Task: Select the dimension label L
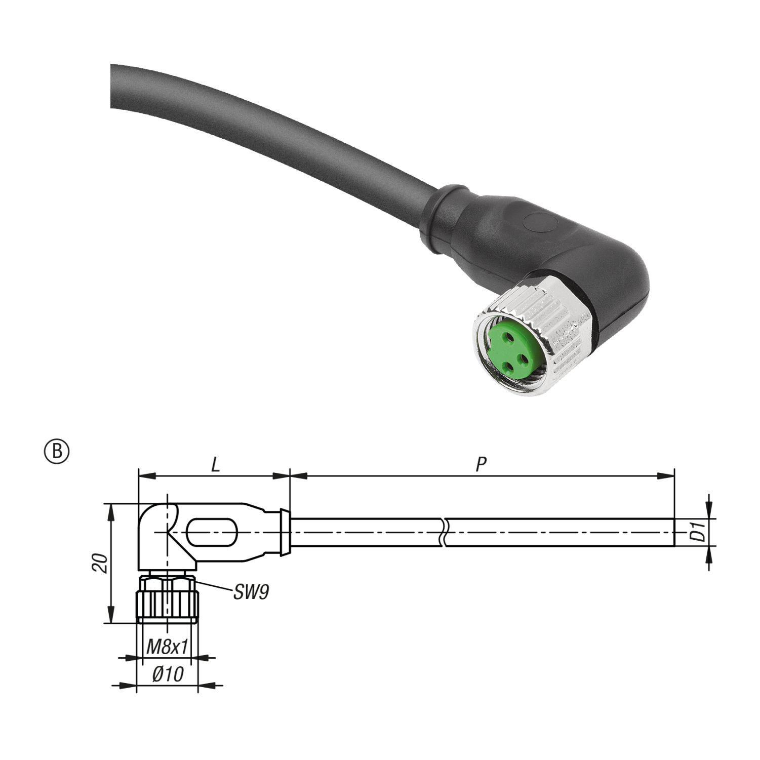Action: click(216, 464)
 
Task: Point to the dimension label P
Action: click(482, 464)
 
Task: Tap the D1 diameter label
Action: click(700, 533)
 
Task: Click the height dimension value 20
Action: click(101, 563)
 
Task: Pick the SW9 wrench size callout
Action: click(251, 592)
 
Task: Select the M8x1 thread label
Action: click(167, 647)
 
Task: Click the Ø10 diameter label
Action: click(168, 674)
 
